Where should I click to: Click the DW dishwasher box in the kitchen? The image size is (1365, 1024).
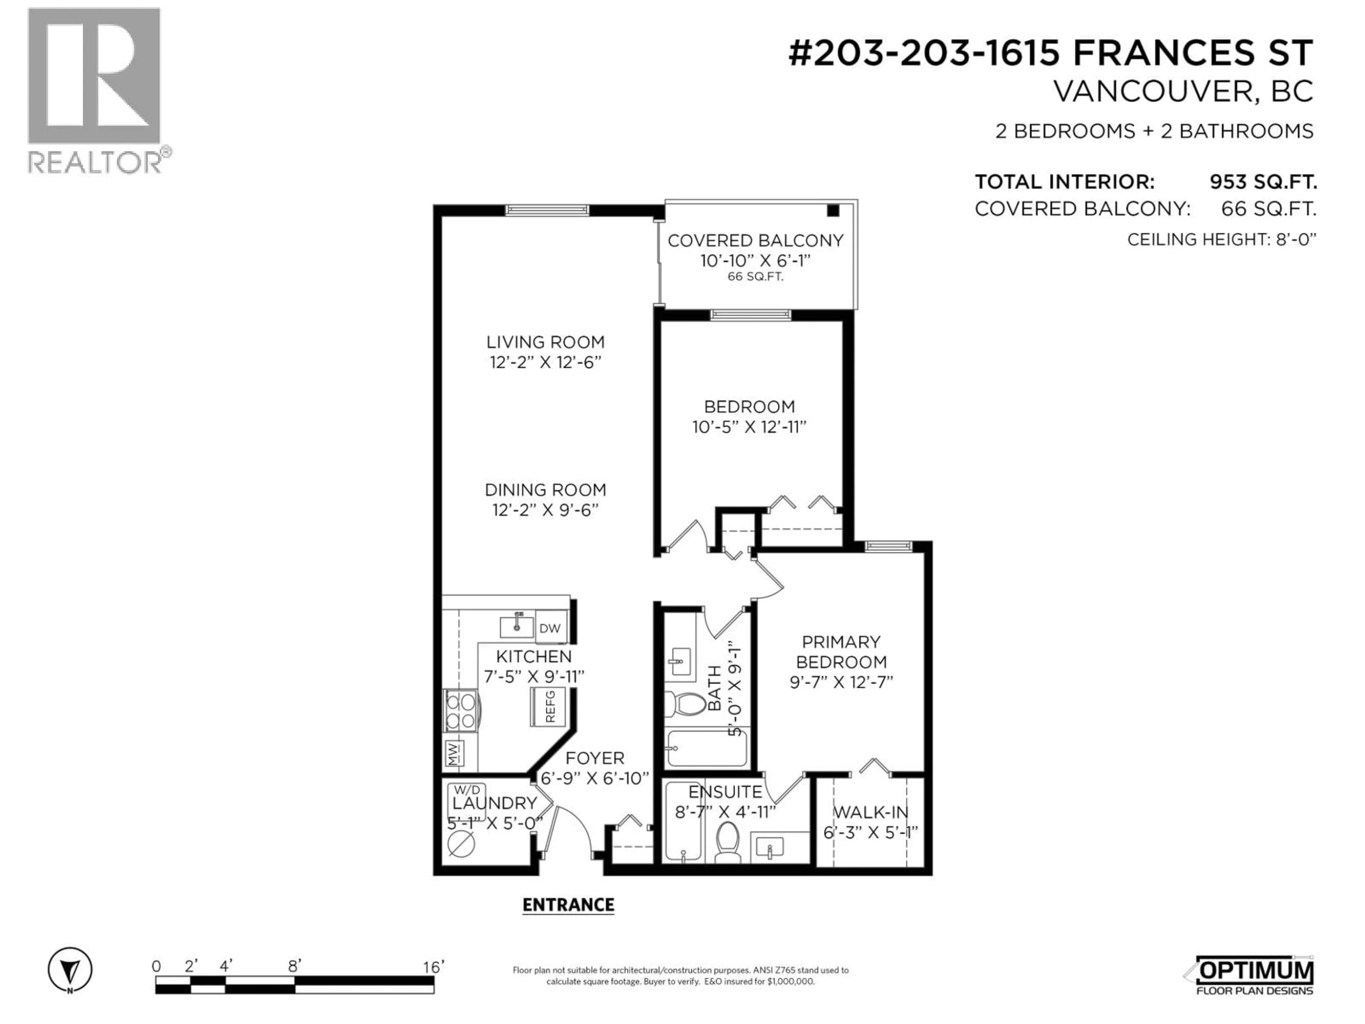coord(550,628)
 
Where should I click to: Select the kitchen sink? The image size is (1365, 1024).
coord(516,625)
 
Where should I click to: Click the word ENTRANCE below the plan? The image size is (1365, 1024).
coord(568,905)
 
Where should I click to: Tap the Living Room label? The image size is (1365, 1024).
coord(546,342)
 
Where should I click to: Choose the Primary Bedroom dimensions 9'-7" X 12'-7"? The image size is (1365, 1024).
coord(842,682)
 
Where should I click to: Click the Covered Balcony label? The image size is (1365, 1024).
coord(755,241)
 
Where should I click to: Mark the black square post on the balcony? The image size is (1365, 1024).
coord(833,210)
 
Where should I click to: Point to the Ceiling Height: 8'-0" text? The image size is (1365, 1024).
coord(1222,240)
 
